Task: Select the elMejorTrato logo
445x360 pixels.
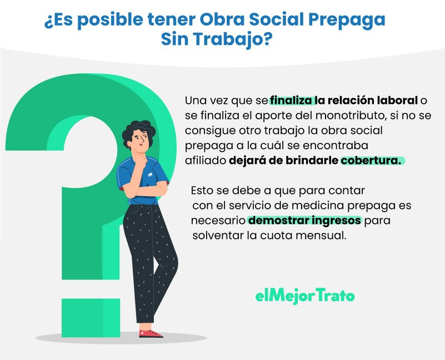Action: tap(304, 296)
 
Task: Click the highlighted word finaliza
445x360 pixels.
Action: tap(292, 101)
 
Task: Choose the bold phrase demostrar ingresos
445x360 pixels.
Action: tap(304, 221)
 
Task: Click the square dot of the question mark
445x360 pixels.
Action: tap(91, 318)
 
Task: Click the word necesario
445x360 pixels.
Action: tap(218, 221)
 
